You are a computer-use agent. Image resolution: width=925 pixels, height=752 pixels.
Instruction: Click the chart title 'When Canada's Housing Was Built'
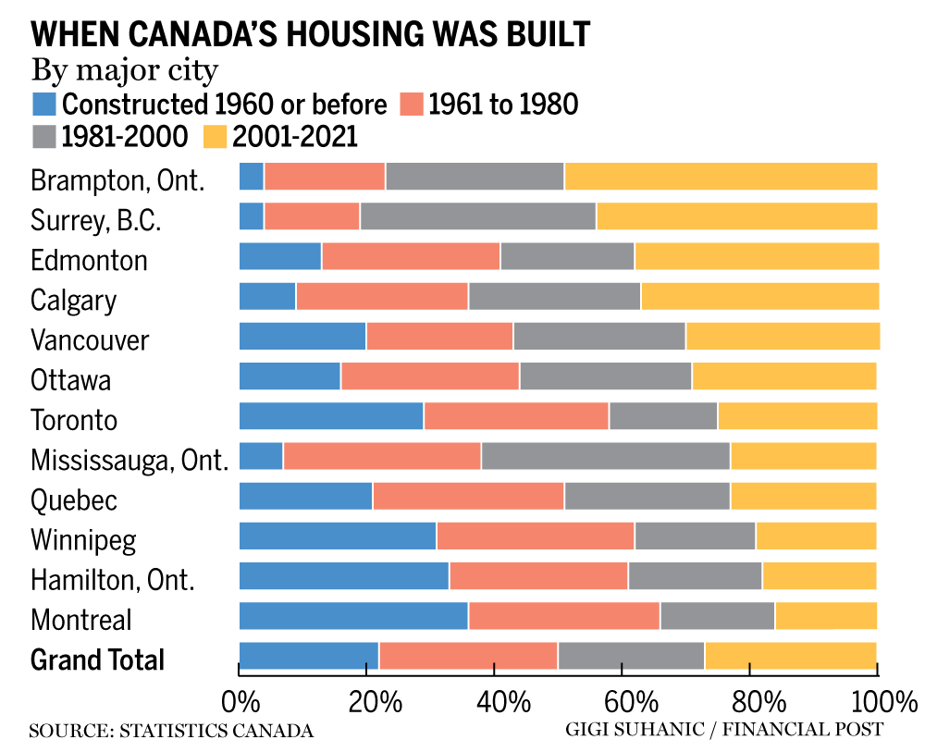pos(310,34)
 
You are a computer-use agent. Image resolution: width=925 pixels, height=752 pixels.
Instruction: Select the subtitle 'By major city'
pos(125,69)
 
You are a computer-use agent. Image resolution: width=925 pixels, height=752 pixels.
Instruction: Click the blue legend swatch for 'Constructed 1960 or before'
pos(44,103)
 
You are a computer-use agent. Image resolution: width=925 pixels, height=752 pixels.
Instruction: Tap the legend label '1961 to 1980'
pos(502,104)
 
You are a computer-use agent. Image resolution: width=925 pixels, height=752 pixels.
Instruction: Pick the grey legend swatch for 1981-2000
pos(44,136)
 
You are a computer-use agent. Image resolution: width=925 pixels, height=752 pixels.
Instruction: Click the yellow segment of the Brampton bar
pos(721,176)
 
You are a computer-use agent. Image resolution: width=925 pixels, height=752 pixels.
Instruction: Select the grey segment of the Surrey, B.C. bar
pos(478,216)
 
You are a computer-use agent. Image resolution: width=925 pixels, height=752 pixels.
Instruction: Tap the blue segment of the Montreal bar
pos(353,615)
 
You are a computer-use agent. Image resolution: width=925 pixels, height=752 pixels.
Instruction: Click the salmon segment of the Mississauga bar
pos(382,456)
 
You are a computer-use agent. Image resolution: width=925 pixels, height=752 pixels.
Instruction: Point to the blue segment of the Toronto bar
pos(331,416)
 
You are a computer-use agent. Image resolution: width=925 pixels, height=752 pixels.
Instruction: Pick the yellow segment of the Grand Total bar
pos(791,655)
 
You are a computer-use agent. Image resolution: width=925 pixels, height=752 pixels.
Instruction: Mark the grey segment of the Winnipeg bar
pos(695,536)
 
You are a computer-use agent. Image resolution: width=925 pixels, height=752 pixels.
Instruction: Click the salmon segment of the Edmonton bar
pos(411,255)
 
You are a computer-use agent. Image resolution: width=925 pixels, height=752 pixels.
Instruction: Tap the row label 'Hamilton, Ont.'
pos(113,580)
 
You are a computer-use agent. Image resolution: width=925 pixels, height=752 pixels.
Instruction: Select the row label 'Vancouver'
pos(90,339)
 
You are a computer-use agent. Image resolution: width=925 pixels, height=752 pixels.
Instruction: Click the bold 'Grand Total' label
pos(97,660)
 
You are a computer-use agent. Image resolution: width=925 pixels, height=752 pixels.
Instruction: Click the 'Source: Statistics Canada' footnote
pos(171,731)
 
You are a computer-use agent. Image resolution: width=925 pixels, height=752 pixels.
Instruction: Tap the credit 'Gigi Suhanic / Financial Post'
pos(724,730)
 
